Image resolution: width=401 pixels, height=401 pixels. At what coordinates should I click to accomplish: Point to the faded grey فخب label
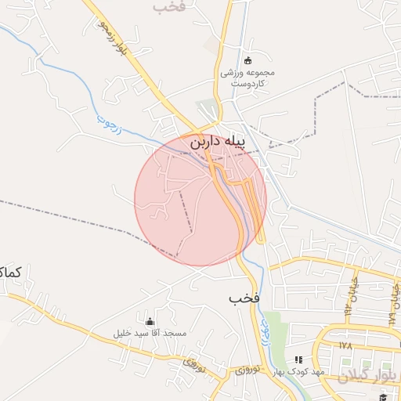[170, 6]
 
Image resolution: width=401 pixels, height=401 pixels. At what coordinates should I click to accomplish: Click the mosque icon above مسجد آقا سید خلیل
[150, 321]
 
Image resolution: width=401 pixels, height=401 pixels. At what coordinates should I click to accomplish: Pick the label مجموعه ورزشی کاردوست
[247, 78]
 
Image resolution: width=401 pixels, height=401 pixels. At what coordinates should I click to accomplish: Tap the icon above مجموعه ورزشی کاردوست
[248, 61]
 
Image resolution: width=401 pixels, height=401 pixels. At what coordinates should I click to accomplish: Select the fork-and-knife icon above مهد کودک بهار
[298, 359]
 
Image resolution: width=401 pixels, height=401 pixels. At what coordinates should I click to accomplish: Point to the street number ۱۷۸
[345, 345]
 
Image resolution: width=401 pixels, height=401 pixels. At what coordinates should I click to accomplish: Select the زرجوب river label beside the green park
[265, 335]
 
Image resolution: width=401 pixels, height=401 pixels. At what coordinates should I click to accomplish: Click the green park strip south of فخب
[273, 329]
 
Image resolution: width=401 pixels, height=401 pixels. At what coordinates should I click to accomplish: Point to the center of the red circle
[200, 199]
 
